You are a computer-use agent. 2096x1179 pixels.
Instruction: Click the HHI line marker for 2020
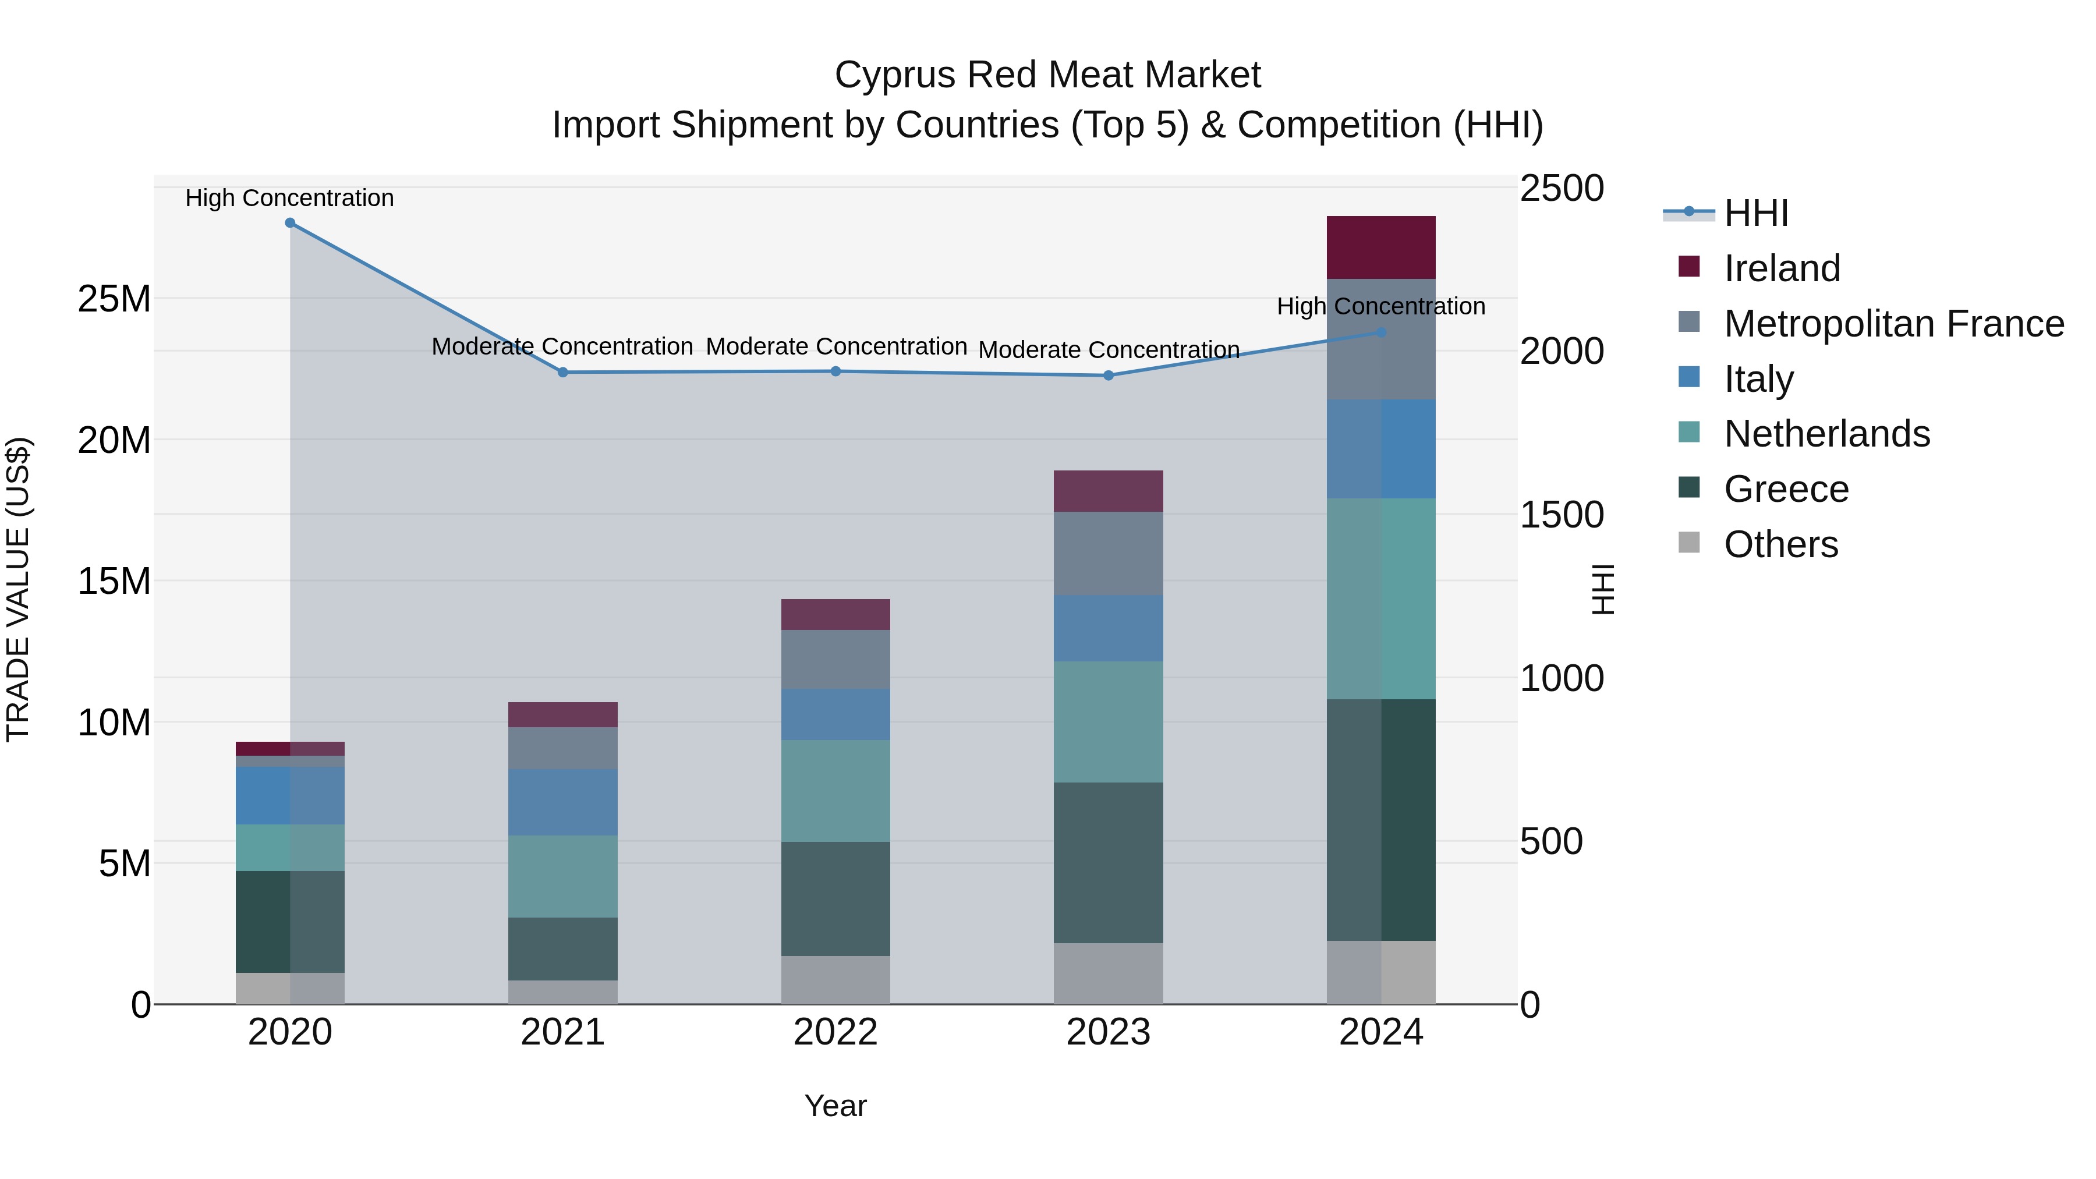(290, 223)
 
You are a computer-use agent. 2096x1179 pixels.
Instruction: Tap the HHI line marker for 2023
(1108, 375)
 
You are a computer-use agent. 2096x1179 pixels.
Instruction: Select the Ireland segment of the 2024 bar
(1381, 247)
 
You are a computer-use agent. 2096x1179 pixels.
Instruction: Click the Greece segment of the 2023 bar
(1108, 862)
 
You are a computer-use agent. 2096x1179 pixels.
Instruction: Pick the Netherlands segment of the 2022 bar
(835, 790)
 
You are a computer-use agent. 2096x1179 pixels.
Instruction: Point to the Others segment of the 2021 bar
(562, 992)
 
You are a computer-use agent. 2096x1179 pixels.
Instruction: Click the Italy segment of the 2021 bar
(562, 802)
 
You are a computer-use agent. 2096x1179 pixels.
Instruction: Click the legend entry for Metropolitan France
(1893, 324)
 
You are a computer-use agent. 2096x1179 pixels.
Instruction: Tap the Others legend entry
(1780, 544)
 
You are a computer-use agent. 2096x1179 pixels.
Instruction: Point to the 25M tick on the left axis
(114, 299)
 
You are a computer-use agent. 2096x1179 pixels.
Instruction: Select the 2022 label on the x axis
(835, 1032)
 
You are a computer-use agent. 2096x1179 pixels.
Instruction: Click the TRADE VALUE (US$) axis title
(18, 589)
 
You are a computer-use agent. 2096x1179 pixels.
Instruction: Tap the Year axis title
(835, 1106)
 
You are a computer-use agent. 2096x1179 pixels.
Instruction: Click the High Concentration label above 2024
(1381, 307)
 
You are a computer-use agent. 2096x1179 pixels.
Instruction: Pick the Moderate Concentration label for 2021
(562, 346)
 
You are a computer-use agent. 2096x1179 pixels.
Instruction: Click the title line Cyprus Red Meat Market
(1047, 75)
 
